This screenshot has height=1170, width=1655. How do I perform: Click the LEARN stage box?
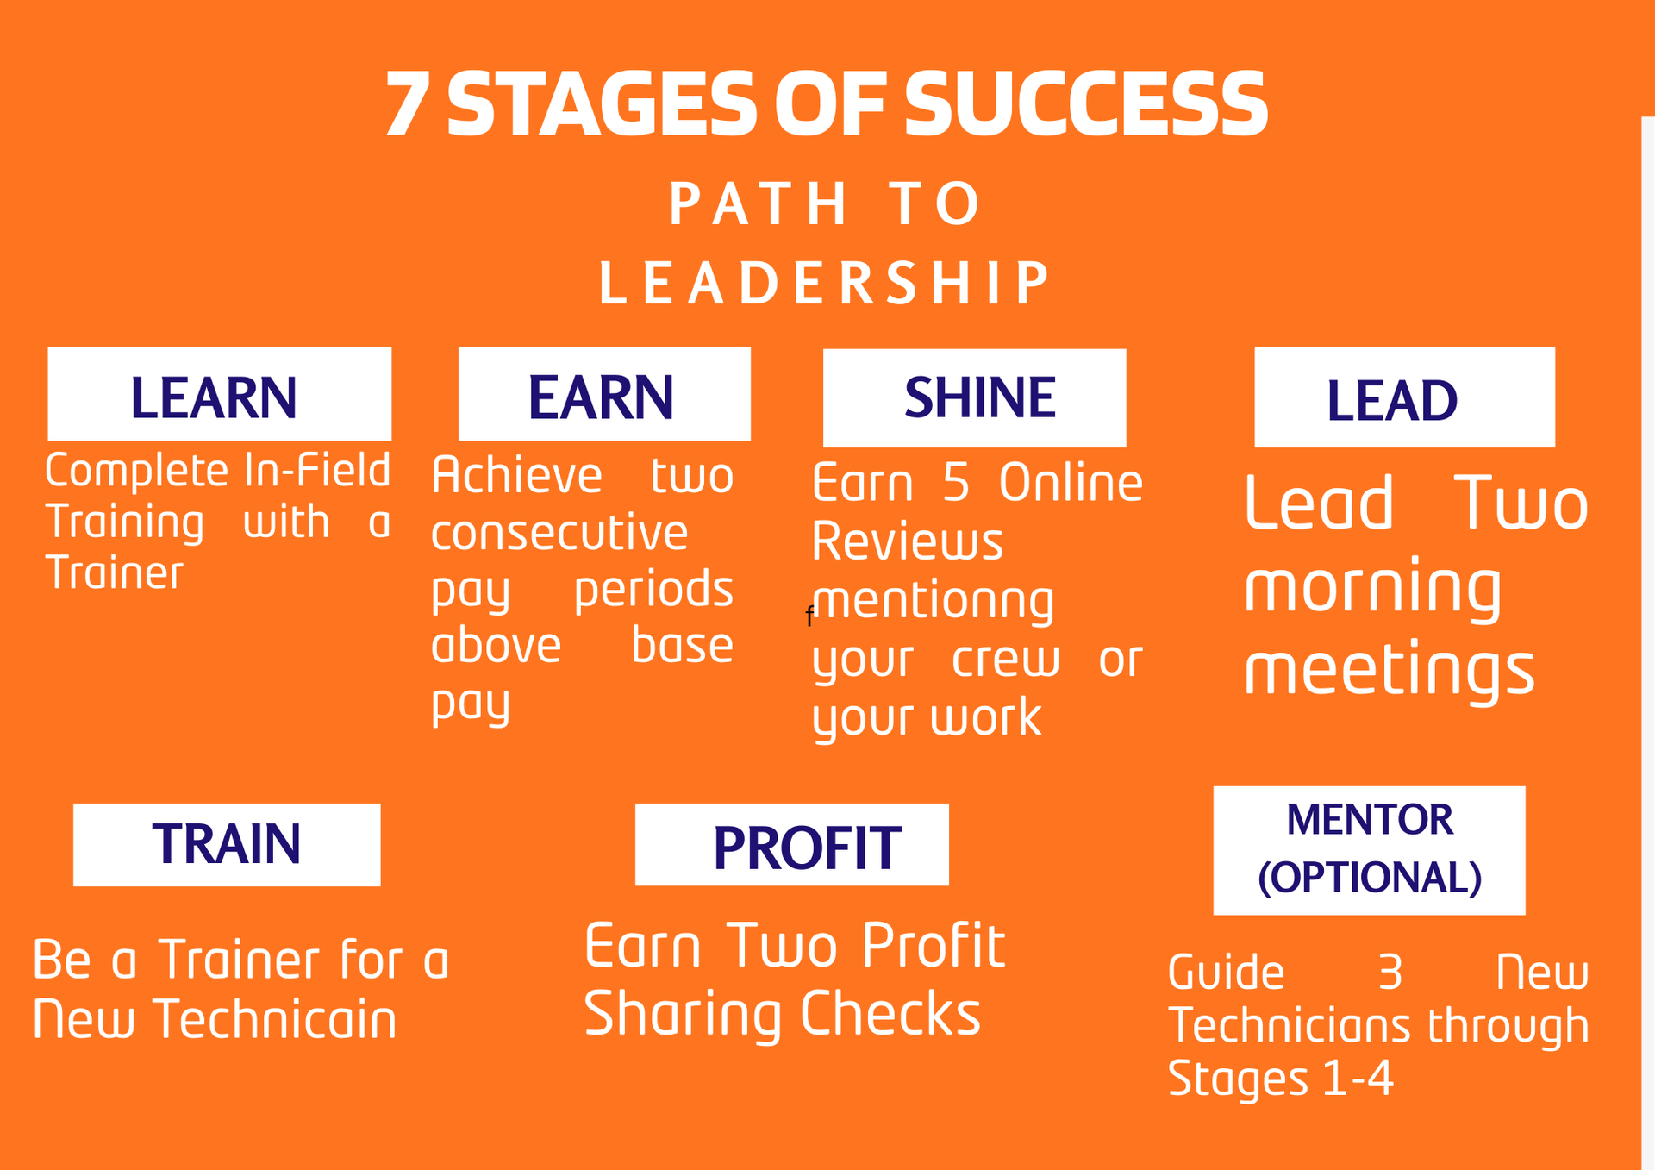[x=219, y=395]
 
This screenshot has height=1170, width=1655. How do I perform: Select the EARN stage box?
[x=603, y=395]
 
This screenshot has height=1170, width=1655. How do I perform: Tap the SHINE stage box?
[x=974, y=397]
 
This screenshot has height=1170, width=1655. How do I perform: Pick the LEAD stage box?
[x=1404, y=397]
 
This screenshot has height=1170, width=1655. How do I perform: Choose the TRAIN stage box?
[x=227, y=844]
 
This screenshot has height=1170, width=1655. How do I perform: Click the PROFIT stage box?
[x=791, y=845]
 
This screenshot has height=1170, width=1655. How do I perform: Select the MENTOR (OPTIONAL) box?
[x=1369, y=850]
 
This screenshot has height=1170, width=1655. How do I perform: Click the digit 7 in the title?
[x=407, y=104]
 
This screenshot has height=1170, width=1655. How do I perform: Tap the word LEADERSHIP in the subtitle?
[x=825, y=283]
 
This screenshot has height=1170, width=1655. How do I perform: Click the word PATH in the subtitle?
[x=759, y=204]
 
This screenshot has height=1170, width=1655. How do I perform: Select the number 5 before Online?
[x=956, y=483]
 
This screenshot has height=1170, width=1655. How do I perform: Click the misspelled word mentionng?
[x=934, y=601]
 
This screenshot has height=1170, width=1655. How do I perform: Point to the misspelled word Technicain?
[x=275, y=1020]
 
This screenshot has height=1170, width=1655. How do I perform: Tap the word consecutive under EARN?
[x=559, y=533]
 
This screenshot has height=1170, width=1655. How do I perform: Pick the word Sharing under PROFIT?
[x=682, y=1015]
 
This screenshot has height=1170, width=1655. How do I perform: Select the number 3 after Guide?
[x=1390, y=973]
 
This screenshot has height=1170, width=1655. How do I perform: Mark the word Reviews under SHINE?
[x=907, y=542]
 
